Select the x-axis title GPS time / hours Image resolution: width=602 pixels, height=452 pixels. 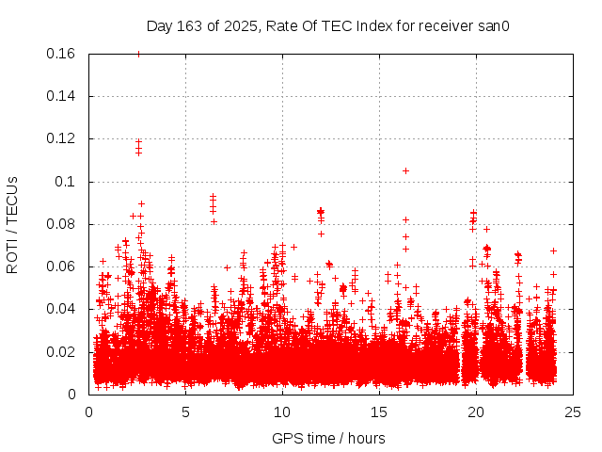coord(328,438)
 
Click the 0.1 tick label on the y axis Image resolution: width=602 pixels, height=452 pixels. coord(68,182)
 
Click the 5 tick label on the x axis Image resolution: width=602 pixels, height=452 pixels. coord(185,411)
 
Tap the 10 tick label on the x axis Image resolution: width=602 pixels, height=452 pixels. coord(282,411)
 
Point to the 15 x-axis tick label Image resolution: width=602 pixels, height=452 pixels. coord(379,411)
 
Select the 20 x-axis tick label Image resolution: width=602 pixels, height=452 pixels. coord(476,411)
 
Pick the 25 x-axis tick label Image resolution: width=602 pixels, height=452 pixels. coord(573,411)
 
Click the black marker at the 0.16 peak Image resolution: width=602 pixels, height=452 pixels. coord(138,54)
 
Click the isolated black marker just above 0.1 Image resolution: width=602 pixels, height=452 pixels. coord(405,170)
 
